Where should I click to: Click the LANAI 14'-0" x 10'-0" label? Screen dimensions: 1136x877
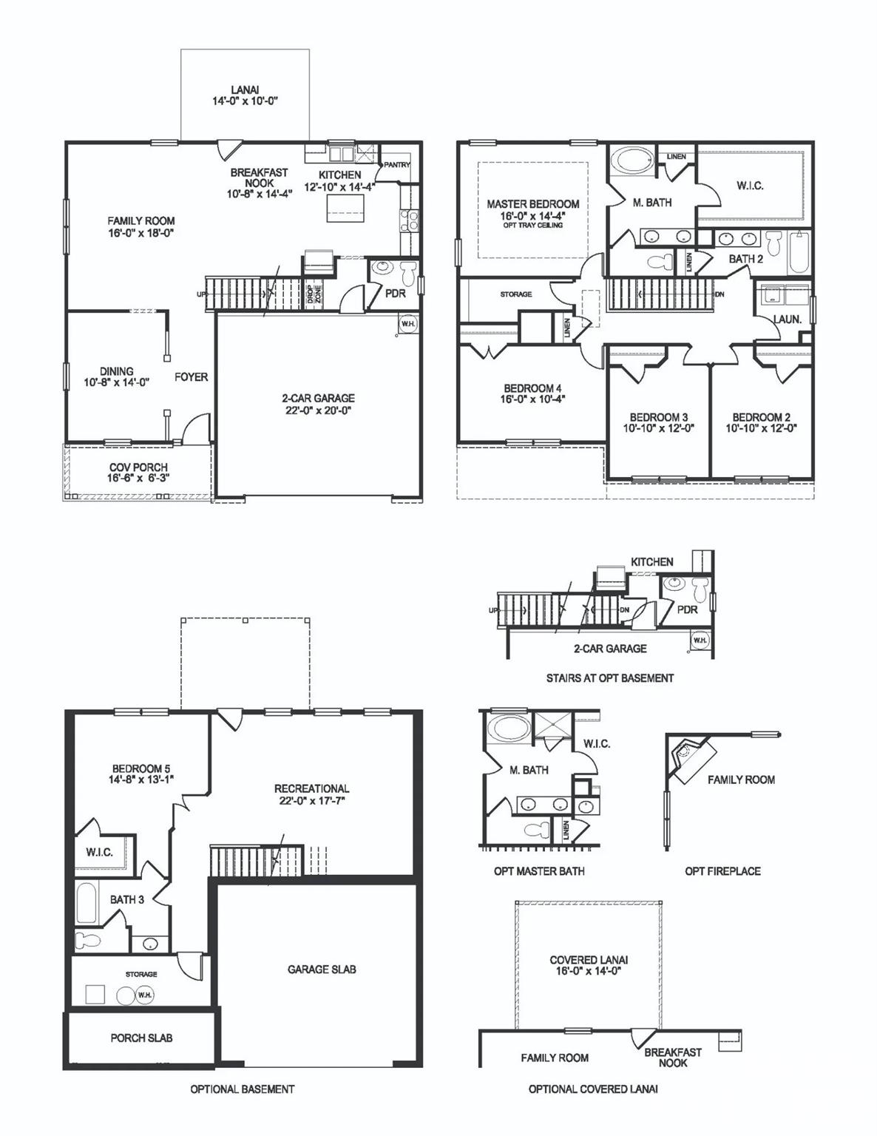coord(244,95)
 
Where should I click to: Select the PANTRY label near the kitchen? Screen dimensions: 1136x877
coord(396,165)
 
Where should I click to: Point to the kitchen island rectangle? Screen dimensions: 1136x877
coord(346,203)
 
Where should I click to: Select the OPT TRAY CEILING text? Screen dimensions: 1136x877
coord(533,225)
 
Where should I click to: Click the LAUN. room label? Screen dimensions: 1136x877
coord(787,319)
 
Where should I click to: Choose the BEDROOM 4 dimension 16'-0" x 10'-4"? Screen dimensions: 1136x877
coord(532,399)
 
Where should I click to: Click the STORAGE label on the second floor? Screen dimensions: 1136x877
coord(515,294)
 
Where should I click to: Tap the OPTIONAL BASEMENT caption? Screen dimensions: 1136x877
coord(242,1089)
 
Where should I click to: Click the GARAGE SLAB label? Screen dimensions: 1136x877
coord(322,969)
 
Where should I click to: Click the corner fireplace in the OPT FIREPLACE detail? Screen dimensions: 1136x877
coord(691,757)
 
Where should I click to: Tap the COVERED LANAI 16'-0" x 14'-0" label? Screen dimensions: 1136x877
coord(589,965)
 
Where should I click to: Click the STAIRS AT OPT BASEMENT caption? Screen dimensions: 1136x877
coord(609,677)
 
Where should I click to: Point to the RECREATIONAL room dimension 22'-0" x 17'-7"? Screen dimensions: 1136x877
coord(311,800)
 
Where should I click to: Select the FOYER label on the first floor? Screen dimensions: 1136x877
coord(191,377)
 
